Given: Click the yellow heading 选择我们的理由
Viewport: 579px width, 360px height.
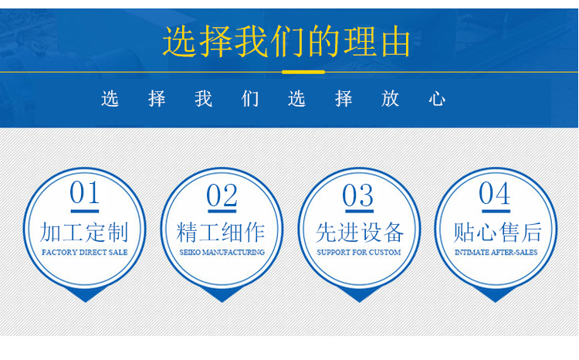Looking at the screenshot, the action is pos(286,41).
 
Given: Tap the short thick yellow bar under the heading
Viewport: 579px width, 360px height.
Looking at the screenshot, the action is pos(303,72).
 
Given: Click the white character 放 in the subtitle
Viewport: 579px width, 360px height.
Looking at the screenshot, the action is pos(391,99).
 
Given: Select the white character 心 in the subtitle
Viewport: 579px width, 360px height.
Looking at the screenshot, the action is pos(437,99).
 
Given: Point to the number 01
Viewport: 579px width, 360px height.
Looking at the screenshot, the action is pos(85,192).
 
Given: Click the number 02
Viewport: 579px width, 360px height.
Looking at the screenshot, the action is pos(222,195).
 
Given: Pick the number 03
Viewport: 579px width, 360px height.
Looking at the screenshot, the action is pos(357,195).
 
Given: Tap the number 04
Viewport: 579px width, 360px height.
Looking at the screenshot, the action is pos(495,193).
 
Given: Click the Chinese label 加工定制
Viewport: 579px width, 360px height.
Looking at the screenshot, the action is pos(84,232).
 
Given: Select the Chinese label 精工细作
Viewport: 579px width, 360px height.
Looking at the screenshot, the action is pos(221,232).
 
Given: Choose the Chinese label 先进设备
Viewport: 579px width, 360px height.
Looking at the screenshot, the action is pos(360,233).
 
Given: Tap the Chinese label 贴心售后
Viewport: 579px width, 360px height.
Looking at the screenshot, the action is pos(497,232).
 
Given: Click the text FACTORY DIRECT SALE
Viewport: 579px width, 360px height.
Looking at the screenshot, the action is pos(85,253).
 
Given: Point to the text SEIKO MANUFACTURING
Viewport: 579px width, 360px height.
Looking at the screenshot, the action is pos(222,253).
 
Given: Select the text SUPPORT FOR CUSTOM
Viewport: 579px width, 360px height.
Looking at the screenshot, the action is pos(358,253).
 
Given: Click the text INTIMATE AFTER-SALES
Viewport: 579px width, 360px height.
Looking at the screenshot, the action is pos(496,253).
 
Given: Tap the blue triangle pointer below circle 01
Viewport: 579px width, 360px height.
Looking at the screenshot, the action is pos(85,294).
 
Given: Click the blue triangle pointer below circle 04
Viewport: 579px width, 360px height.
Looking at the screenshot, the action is pos(496,294).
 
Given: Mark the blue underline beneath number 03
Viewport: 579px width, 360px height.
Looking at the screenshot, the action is pos(359,211).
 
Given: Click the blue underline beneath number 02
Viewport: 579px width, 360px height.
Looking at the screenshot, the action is pos(222,211).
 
